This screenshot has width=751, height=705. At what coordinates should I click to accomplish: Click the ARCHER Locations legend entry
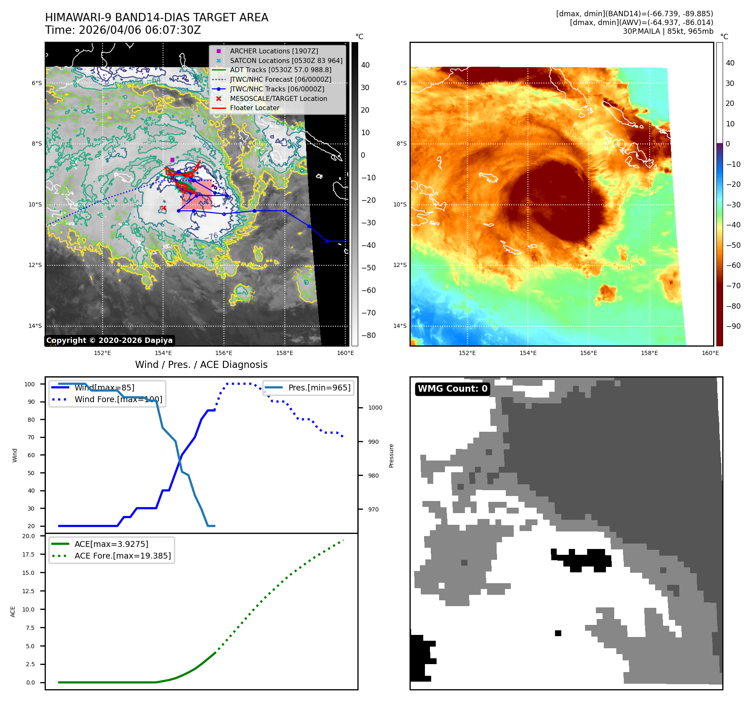tap(274, 51)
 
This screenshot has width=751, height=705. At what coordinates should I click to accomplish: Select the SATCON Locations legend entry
tap(286, 60)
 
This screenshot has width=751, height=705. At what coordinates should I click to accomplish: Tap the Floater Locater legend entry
tap(254, 108)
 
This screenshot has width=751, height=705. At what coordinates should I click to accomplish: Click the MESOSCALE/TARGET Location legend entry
tap(278, 98)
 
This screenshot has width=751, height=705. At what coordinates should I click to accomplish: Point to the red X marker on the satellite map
tap(163, 208)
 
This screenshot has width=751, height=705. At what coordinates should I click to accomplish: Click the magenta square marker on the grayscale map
tap(172, 160)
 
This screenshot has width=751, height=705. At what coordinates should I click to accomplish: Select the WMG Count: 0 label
tap(452, 389)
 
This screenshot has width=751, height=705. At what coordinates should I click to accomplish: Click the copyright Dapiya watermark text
tap(109, 340)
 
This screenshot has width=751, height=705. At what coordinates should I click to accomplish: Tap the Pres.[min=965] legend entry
tap(319, 388)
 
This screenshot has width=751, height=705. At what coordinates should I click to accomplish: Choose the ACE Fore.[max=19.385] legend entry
tap(123, 556)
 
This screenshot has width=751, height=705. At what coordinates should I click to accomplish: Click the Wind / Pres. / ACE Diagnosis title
tap(201, 365)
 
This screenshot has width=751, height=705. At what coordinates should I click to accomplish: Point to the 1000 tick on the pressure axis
tap(375, 408)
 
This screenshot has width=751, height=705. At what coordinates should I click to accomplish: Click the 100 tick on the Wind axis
tap(30, 384)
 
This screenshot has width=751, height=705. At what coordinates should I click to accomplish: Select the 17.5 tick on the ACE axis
tap(28, 554)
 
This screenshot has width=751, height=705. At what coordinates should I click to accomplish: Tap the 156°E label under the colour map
tap(588, 353)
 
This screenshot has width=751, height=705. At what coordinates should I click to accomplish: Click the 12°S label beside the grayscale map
tap(35, 265)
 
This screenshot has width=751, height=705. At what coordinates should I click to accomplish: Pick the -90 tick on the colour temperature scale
tap(733, 326)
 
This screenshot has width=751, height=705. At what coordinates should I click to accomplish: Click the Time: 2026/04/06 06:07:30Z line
tap(123, 30)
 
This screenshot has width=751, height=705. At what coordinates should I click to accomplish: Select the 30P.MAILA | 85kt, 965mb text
tap(668, 31)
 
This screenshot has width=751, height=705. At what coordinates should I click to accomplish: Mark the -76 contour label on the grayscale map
tap(213, 236)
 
